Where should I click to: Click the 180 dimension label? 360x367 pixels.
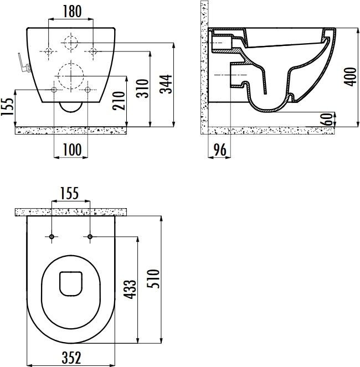(x=72, y=12)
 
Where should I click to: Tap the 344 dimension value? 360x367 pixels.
(x=166, y=84)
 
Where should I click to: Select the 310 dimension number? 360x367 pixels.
(x=143, y=89)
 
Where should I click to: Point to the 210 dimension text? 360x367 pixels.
(x=119, y=101)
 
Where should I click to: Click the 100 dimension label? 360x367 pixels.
(x=72, y=150)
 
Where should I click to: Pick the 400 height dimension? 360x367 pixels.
(x=351, y=77)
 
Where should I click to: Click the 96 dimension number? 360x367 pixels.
(x=220, y=150)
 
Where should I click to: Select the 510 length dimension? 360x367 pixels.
(x=153, y=279)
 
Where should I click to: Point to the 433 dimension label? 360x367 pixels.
(x=130, y=290)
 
